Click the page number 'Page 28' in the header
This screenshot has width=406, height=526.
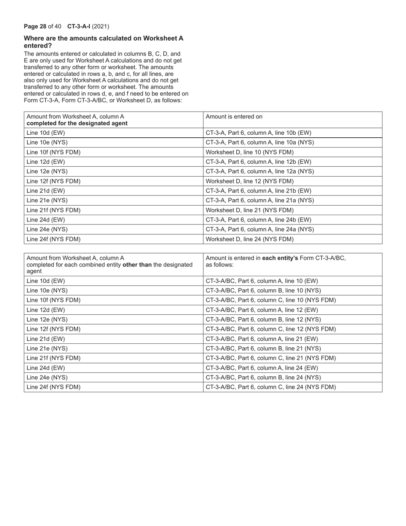coord(35,26)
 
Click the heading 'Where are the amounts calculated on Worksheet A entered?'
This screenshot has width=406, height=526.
coord(103,41)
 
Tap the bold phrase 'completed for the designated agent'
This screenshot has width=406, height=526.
coord(77,123)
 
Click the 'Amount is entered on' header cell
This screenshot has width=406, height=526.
coord(234,116)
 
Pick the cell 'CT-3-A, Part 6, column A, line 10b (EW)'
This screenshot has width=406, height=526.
coord(259,133)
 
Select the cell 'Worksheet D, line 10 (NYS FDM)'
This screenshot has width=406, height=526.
coord(250,152)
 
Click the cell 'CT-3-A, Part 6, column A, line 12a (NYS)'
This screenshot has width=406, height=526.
coord(260,171)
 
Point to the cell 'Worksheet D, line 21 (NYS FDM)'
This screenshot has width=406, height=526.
coord(250,210)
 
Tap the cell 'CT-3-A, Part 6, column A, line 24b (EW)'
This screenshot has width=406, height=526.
coord(259,220)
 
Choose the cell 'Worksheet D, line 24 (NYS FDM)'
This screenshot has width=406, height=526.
coord(250,239)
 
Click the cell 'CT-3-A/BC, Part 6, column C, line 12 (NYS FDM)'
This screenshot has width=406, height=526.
coord(271,329)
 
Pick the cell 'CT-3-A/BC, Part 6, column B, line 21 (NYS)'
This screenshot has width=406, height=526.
coord(263,349)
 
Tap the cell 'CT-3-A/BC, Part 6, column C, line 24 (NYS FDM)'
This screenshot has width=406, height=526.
coord(271,387)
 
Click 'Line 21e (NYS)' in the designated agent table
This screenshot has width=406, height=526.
coord(47,200)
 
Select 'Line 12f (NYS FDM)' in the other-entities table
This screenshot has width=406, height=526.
coord(53,329)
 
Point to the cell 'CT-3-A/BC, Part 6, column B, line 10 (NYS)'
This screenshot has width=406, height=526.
coord(263,290)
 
